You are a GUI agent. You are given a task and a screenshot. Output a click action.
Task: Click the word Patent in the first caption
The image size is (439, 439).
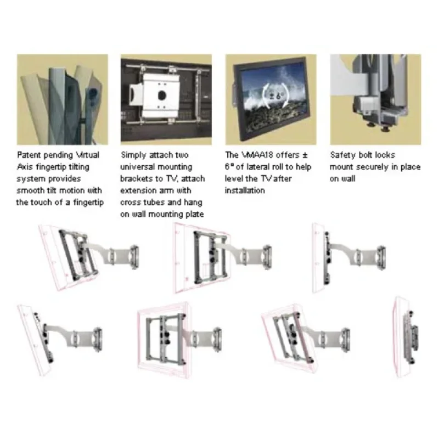[30, 155]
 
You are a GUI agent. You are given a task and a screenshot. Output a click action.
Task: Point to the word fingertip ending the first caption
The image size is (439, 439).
[88, 202]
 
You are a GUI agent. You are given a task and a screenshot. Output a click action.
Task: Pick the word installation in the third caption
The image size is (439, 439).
[245, 190]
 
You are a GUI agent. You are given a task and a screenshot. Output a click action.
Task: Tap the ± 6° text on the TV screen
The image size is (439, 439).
[275, 96]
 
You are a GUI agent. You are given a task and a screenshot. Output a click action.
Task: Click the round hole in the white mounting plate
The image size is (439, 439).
[161, 95]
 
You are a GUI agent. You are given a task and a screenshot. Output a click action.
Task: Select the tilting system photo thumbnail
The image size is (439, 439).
[63, 99]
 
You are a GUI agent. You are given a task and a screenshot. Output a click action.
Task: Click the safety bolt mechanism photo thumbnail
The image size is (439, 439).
[375, 99]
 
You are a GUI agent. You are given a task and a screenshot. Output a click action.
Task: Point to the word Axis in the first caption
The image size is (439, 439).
[25, 167]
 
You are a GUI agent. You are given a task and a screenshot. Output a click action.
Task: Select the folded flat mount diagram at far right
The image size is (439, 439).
[406, 337]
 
